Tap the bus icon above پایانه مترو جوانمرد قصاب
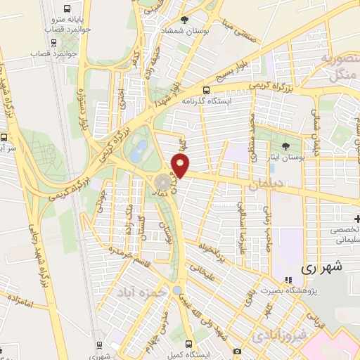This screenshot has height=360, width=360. coord(66,9)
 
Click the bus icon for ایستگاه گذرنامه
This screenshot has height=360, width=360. coord(206,90)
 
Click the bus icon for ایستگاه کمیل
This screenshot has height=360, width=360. coord(189,344)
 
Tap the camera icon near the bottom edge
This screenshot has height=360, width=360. coord(237,351)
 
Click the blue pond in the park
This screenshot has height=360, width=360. coord(141,149)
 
